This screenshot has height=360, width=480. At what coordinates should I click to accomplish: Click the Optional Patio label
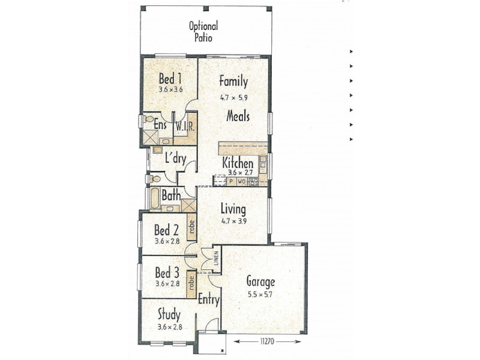(203, 32)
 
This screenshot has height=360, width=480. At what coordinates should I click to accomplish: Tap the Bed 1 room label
(170, 79)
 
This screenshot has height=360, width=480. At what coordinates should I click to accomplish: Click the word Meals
(238, 116)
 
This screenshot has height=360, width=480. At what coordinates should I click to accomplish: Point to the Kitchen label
(238, 163)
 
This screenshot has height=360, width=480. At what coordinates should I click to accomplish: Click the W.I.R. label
(184, 127)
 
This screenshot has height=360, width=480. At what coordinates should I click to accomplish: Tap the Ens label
(160, 125)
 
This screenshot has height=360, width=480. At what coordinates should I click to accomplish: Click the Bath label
(171, 196)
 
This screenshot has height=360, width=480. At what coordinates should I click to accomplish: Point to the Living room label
(233, 209)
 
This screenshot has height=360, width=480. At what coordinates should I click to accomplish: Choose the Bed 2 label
(166, 230)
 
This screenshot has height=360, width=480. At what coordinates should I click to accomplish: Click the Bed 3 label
(166, 272)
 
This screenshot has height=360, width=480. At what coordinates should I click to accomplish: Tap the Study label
(169, 314)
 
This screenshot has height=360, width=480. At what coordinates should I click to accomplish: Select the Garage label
(260, 281)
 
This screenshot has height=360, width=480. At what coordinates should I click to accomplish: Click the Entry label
(208, 300)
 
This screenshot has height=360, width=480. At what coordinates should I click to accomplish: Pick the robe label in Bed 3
(191, 280)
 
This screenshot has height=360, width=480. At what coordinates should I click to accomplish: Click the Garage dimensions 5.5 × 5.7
(260, 294)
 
